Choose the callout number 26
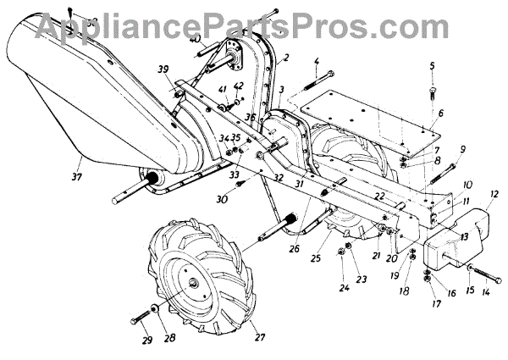click(x=270, y=250)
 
